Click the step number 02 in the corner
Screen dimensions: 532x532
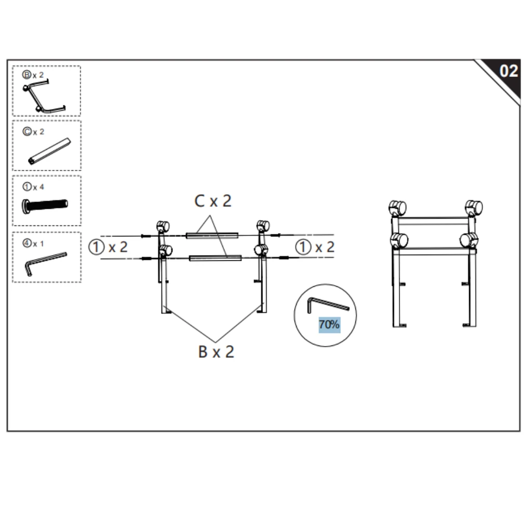tap(508, 71)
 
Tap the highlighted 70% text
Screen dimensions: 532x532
tap(329, 325)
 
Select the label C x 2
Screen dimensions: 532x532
tap(212, 201)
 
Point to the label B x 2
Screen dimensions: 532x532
tap(216, 352)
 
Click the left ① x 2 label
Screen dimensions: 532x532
tap(108, 247)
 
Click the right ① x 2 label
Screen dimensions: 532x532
tap(315, 247)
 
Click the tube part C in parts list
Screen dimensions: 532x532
tap(48, 151)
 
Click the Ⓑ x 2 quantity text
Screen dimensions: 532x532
tap(33, 75)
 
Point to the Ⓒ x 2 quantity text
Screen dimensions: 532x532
tap(33, 131)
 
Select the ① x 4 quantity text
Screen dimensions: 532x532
tap(33, 187)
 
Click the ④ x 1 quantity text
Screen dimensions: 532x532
tap(33, 243)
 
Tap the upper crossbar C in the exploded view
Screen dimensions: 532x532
tap(212, 235)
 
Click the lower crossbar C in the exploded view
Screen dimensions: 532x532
tap(215, 258)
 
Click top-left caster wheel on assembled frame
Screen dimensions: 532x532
tap(397, 208)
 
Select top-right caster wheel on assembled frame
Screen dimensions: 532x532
tap(473, 208)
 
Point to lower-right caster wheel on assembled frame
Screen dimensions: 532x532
tap(469, 241)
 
